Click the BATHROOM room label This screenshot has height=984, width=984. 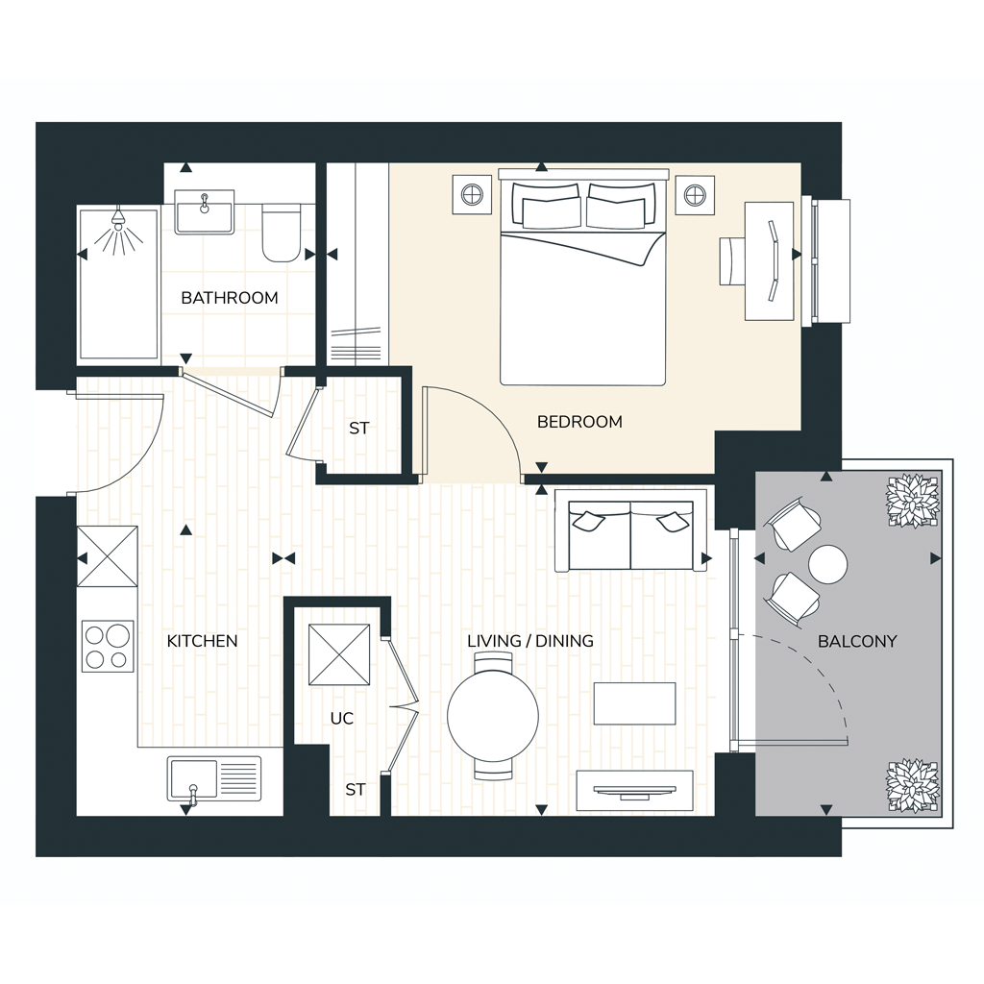coord(229,298)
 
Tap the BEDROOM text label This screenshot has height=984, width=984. coord(579,422)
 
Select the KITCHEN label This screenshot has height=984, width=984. coord(202,641)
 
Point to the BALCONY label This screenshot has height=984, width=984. coord(857,641)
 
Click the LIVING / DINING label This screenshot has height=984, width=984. coord(530,641)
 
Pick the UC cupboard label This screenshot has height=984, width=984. coord(342,718)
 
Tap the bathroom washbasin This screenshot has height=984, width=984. coord(204,212)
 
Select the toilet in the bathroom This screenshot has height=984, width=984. coord(282,233)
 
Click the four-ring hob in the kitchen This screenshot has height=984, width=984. coord(108,647)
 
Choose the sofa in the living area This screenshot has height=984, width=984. coord(630,536)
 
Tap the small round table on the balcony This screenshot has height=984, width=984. coord(827,564)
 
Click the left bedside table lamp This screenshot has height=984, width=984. coord(472,195)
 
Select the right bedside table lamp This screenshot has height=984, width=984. coord(695,195)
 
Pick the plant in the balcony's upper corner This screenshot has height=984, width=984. coord(913,502)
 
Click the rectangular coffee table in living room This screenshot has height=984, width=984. coord(634,703)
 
